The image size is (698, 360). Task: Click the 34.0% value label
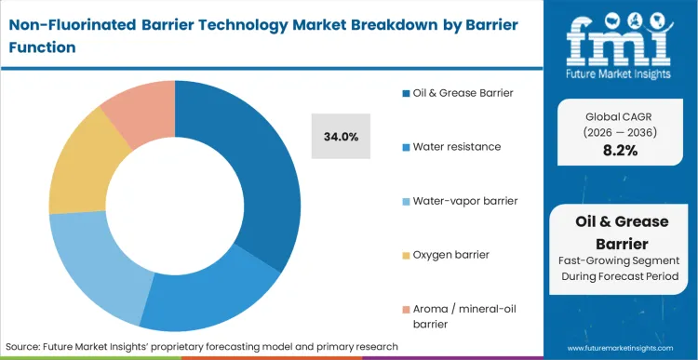click(x=341, y=136)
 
